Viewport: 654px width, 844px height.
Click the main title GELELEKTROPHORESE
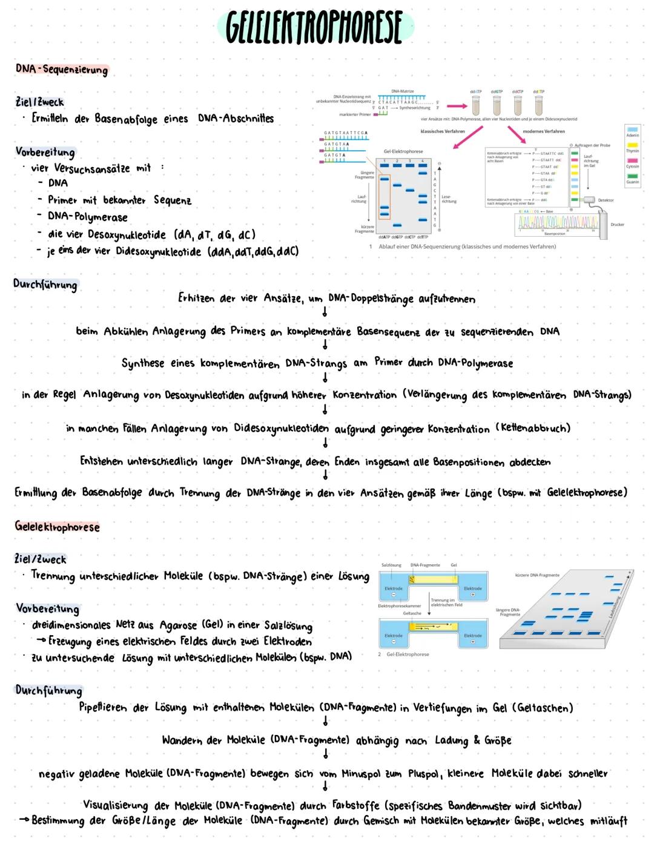point(315,28)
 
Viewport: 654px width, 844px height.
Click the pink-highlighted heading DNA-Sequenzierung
point(62,69)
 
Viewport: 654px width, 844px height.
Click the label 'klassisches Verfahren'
point(443,131)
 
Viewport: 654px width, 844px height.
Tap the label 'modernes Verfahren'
point(543,131)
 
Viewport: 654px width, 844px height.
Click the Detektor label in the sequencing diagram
point(606,200)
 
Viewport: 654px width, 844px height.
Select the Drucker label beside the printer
point(617,225)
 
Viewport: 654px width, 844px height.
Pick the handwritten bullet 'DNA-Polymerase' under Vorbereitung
point(88,217)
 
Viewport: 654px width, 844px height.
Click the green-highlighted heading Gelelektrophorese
point(57,526)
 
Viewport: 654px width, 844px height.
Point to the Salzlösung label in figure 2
point(391,565)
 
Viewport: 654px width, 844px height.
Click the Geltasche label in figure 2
point(412,613)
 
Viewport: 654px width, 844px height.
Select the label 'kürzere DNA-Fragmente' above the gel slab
point(537,575)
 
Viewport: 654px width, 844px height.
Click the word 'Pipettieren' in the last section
point(105,707)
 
